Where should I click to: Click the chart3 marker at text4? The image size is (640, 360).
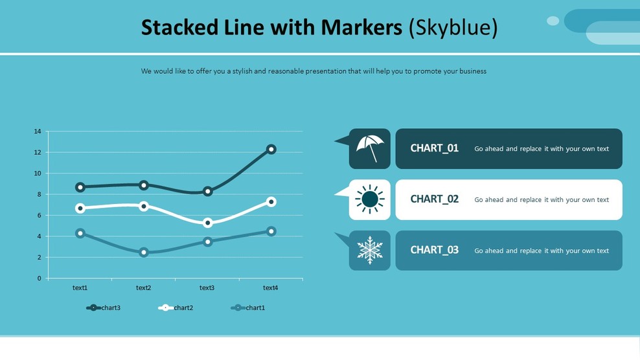point(271,150)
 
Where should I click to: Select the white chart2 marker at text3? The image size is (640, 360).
point(208,223)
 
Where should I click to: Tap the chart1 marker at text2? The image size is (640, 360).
point(144,253)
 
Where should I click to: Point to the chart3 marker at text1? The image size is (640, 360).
point(80,187)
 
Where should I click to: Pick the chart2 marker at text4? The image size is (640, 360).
point(271,202)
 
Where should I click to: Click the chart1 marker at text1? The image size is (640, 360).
point(80,233)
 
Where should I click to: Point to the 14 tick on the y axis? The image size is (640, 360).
point(37,131)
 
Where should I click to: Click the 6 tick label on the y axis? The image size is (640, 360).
point(39,216)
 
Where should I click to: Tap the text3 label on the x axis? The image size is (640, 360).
point(207,288)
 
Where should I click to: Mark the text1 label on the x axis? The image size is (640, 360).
point(80,288)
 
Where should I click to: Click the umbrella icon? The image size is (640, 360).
point(370,148)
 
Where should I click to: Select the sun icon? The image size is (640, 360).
point(370,199)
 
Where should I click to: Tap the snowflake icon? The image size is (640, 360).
point(370,251)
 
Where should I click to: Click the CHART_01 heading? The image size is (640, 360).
point(434,148)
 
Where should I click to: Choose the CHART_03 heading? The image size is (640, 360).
point(434,251)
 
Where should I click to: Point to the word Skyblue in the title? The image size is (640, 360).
point(453,27)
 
